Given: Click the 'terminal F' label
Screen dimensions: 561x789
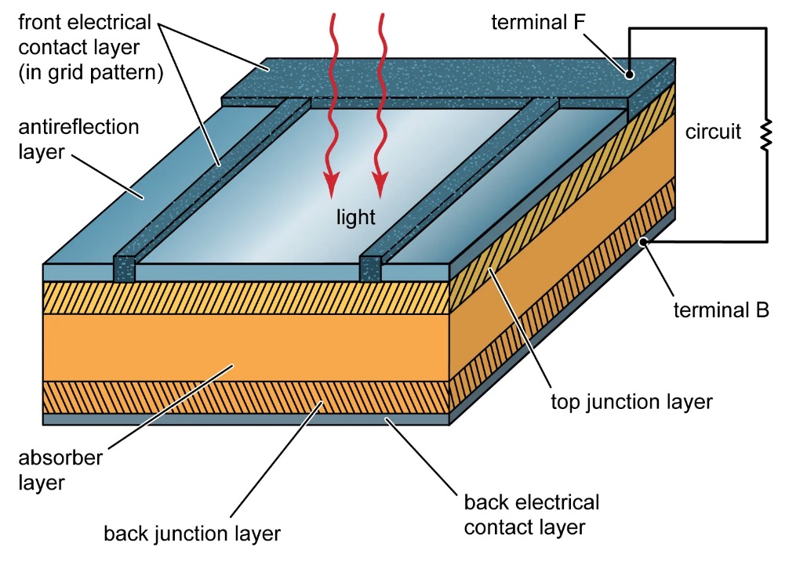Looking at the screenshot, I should (x=540, y=22).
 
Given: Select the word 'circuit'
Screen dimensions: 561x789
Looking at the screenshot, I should (x=713, y=132).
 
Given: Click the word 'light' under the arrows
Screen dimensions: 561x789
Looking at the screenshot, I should (x=355, y=217).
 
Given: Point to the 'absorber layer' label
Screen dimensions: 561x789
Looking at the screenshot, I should (x=60, y=469).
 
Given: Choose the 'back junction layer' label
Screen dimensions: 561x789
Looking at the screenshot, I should (x=192, y=534).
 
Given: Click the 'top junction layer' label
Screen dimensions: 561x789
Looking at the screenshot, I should (x=631, y=402).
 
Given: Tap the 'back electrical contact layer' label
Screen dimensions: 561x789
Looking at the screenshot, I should (x=531, y=514).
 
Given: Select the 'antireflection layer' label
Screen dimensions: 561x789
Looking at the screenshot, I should (x=78, y=138).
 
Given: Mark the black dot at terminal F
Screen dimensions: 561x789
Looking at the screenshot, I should (x=629, y=74).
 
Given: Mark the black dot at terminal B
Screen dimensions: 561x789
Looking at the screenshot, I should (x=644, y=243).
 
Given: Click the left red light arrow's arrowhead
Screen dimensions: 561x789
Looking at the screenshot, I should (x=332, y=186).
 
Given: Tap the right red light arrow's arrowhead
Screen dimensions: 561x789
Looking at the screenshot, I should (x=380, y=186).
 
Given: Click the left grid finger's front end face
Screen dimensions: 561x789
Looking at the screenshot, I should (x=125, y=268).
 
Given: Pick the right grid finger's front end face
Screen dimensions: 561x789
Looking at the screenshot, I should (x=370, y=268).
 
